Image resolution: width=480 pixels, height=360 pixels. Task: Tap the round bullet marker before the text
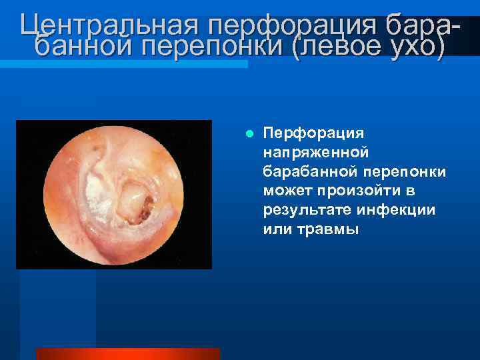click(x=249, y=133)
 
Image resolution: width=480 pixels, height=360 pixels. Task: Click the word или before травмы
click(x=276, y=229)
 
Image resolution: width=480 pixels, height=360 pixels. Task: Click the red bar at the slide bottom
click(x=127, y=353)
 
